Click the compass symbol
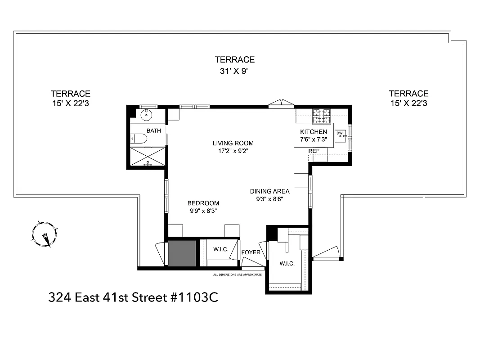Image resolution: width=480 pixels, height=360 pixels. (45, 234)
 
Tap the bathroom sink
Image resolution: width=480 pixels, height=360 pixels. (146, 115)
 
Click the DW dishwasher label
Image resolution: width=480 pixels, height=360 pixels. (340, 133)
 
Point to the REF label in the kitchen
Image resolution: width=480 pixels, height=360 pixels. (314, 151)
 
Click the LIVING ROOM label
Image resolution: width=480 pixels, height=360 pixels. (233, 143)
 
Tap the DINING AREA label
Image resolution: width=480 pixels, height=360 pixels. (269, 191)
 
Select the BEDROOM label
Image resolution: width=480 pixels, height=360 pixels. (203, 202)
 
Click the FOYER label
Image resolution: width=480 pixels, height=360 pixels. (251, 252)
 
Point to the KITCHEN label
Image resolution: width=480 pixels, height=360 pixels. (314, 131)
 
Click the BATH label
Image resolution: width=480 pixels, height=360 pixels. (153, 131)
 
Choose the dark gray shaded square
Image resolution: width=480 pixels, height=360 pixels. (182, 253)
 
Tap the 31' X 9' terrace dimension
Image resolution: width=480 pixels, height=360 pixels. (234, 71)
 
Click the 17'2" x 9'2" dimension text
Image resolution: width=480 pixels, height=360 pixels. (233, 151)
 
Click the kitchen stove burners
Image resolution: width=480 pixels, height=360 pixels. (322, 116)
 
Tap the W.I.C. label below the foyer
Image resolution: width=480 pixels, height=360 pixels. (287, 264)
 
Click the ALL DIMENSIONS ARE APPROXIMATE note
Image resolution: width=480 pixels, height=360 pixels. (237, 274)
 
